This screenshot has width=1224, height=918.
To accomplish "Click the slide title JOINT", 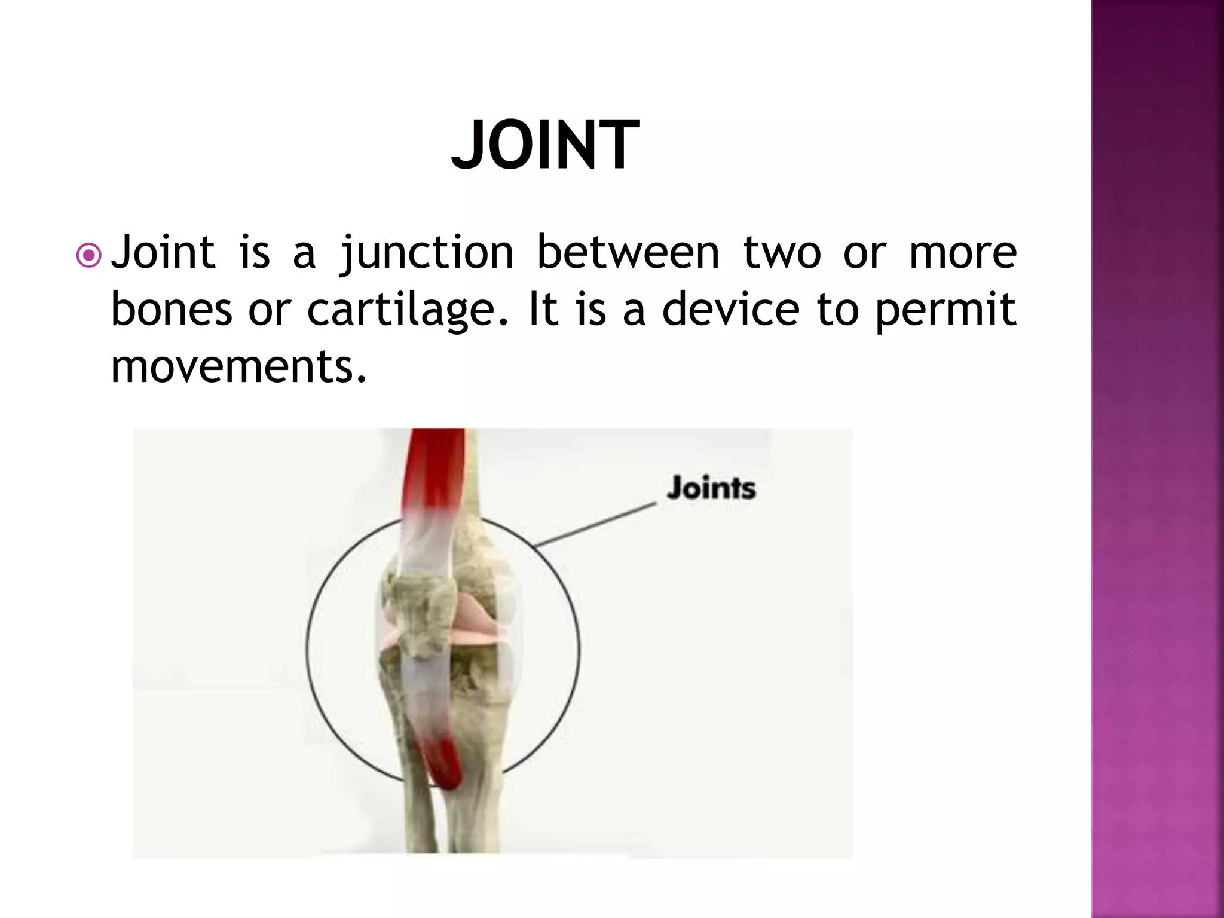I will pyautogui.click(x=545, y=145).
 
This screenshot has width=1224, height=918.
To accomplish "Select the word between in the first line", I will pyautogui.click(x=628, y=252).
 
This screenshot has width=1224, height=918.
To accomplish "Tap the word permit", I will pyautogui.click(x=945, y=310).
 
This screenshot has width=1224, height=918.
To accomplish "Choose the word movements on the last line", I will pyautogui.click(x=238, y=366).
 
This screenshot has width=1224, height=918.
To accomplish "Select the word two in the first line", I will pyautogui.click(x=782, y=253).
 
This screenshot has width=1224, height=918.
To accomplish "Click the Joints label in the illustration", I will pyautogui.click(x=711, y=488).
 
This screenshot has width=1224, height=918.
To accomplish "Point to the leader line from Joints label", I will pyautogui.click(x=595, y=525).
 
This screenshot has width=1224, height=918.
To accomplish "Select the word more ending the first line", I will pyautogui.click(x=963, y=253).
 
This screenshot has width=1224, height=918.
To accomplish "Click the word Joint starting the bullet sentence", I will pyautogui.click(x=163, y=252).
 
